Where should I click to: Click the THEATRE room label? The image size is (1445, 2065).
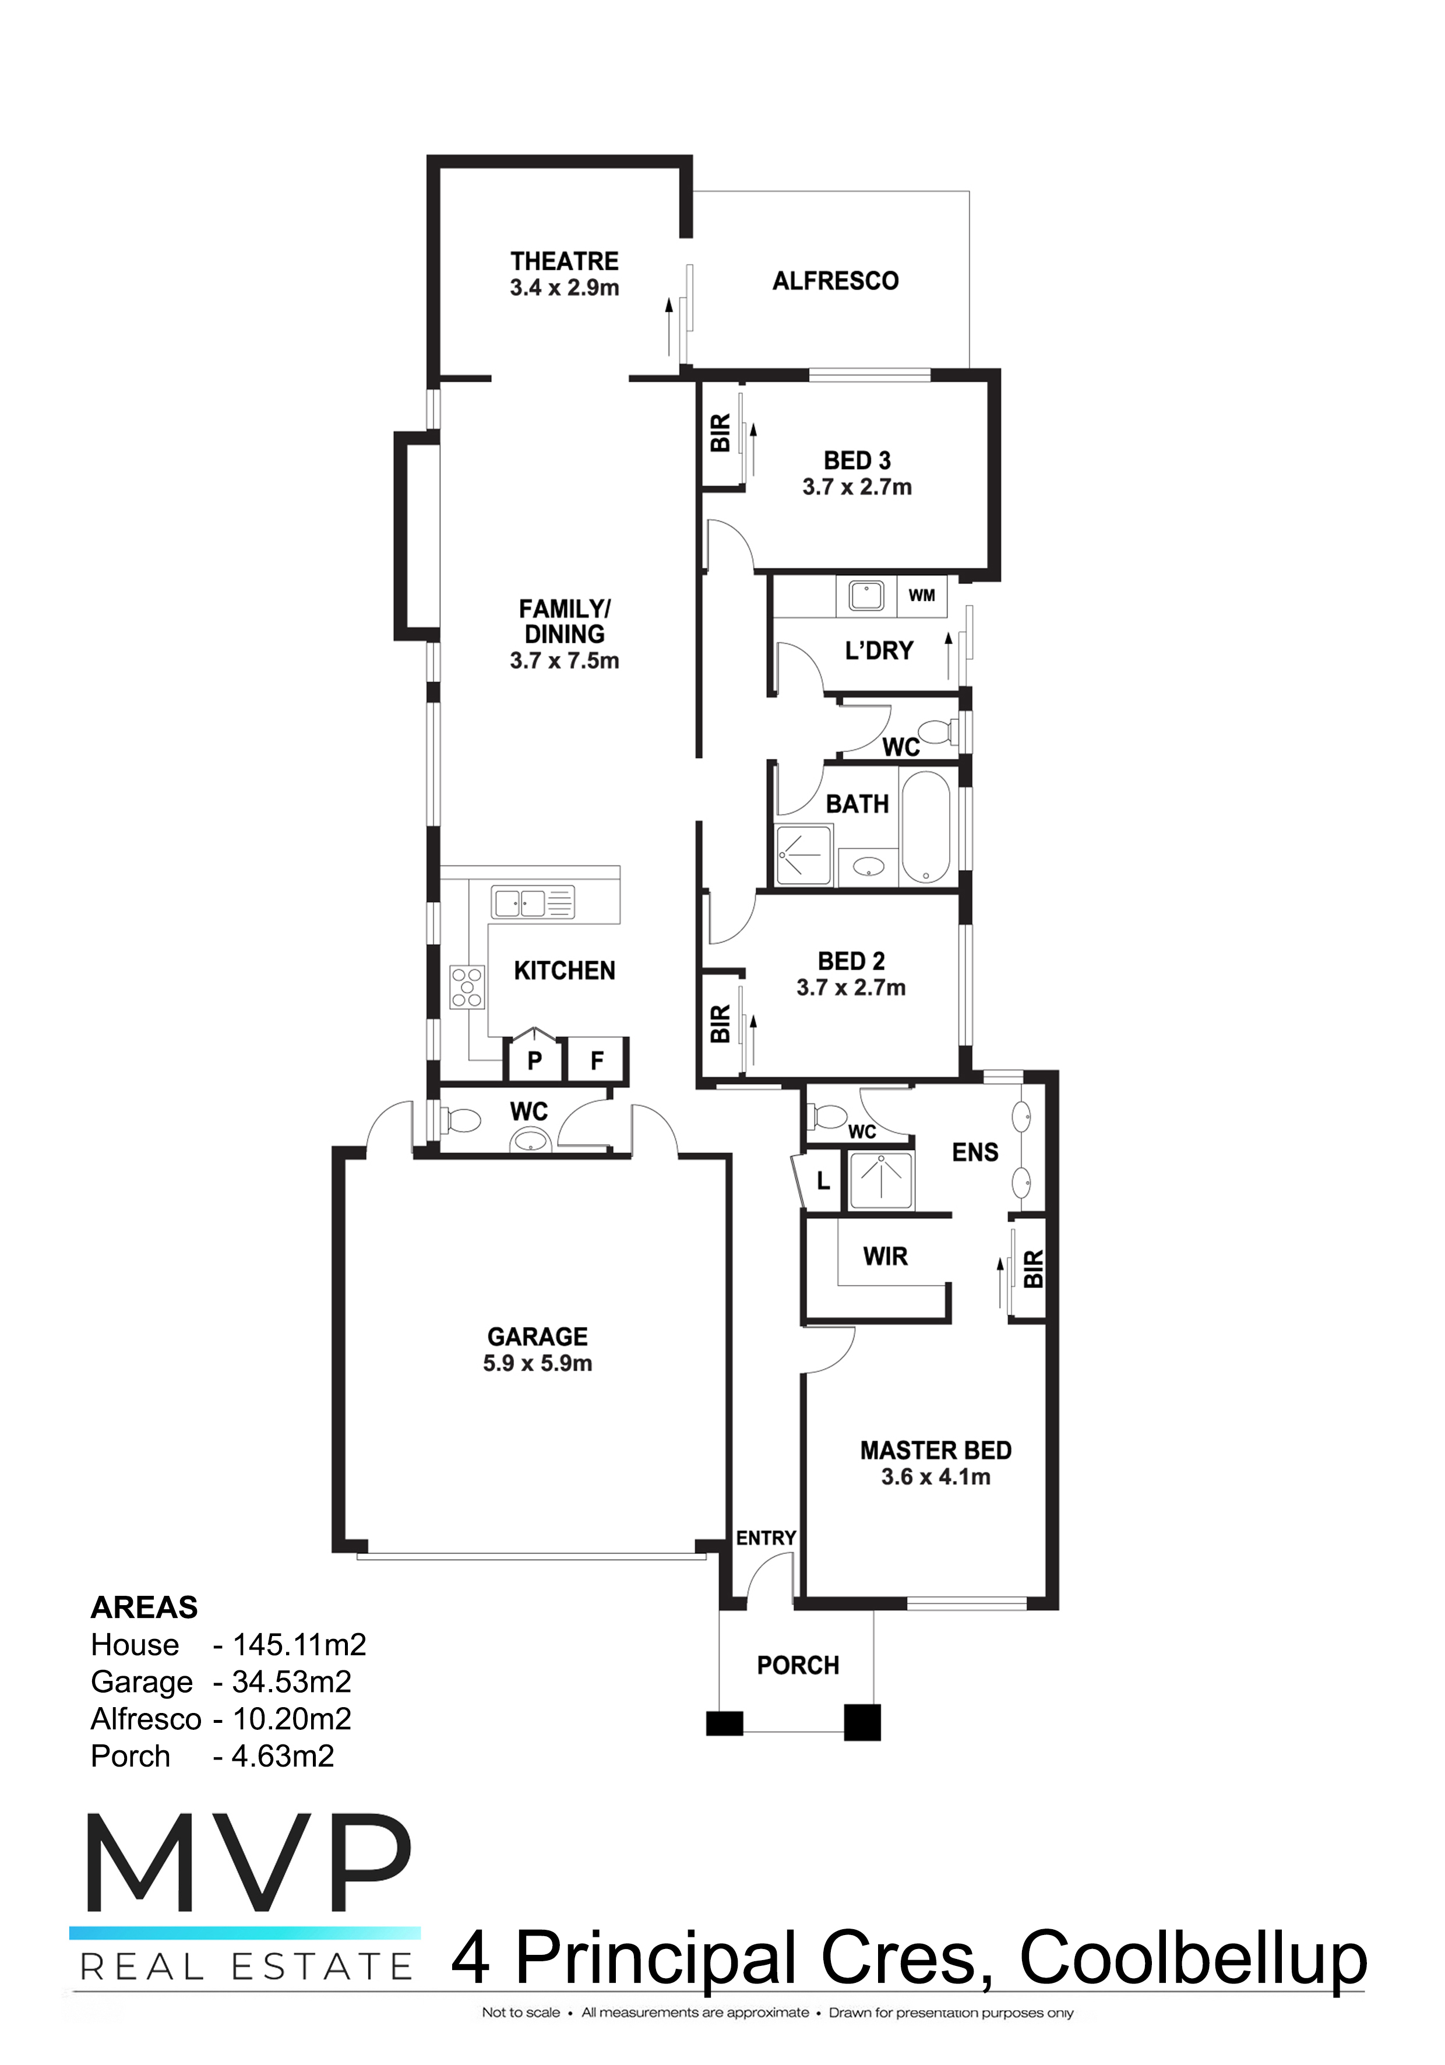click(565, 261)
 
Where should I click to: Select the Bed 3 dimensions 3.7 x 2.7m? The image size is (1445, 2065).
click(857, 487)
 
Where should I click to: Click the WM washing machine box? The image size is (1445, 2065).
click(922, 596)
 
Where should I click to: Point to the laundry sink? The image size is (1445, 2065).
click(866, 596)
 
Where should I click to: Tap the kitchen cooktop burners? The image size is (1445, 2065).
click(467, 987)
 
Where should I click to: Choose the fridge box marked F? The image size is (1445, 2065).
click(596, 1060)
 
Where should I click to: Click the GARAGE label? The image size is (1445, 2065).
click(538, 1336)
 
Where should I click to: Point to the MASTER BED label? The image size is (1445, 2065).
click(936, 1450)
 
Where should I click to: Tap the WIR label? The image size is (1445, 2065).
click(886, 1257)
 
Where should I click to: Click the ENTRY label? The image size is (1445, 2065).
click(766, 1538)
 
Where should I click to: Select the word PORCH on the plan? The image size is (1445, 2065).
click(798, 1666)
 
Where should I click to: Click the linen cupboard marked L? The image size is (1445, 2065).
click(822, 1181)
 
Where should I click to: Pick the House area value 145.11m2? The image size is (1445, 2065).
click(299, 1645)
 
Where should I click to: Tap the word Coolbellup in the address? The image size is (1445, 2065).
click(1193, 1959)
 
